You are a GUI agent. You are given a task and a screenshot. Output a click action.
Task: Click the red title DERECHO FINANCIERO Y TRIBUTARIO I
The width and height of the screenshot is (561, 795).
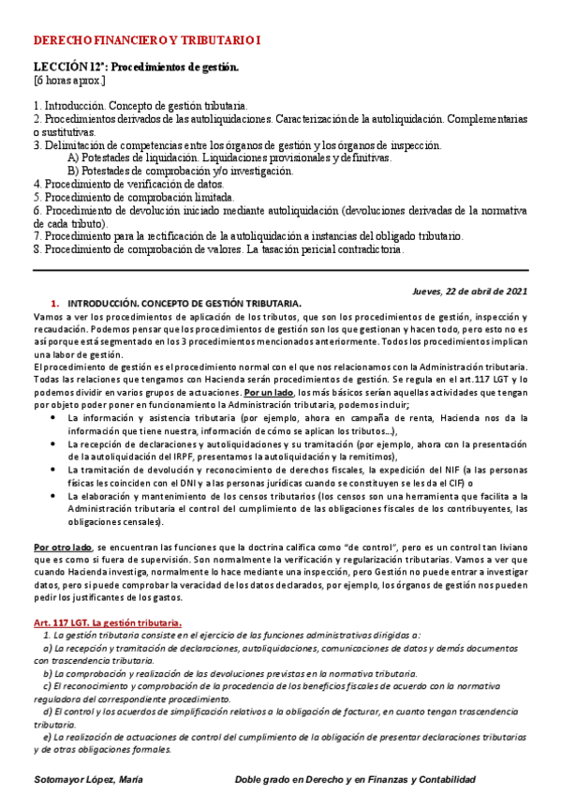click(148, 41)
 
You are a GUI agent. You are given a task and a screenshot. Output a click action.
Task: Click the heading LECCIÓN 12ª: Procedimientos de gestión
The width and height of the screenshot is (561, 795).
click(137, 67)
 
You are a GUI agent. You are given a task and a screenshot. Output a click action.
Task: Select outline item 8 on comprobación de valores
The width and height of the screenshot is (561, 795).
click(219, 250)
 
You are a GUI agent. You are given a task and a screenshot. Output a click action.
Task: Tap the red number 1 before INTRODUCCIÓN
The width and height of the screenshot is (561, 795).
click(54, 303)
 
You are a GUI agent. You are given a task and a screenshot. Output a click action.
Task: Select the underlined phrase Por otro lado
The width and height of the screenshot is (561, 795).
click(62, 546)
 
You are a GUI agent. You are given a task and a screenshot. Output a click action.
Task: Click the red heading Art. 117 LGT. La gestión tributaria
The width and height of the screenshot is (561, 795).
click(107, 622)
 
